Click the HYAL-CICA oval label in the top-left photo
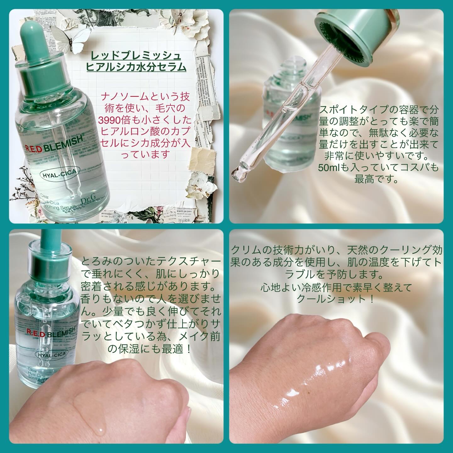point(59,174)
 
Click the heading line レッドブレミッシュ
point(136,56)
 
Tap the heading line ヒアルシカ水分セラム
point(136,67)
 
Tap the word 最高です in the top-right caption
point(376,179)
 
